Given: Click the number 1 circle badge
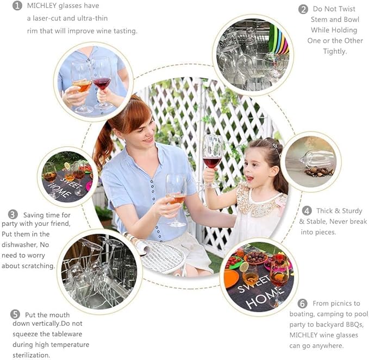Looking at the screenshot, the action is point(17,5).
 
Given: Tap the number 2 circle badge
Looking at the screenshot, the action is point(303,9).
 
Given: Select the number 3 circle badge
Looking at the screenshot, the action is point(12,214).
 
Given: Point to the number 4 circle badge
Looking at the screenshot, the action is point(307,211).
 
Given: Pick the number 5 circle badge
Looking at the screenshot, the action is point(15,314).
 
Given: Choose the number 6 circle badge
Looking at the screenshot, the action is point(302,304).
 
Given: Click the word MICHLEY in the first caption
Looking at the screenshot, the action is point(42,5).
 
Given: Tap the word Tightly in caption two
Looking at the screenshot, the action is point(335,51).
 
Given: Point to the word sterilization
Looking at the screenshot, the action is point(32,355).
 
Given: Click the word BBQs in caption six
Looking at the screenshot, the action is point(355,325).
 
